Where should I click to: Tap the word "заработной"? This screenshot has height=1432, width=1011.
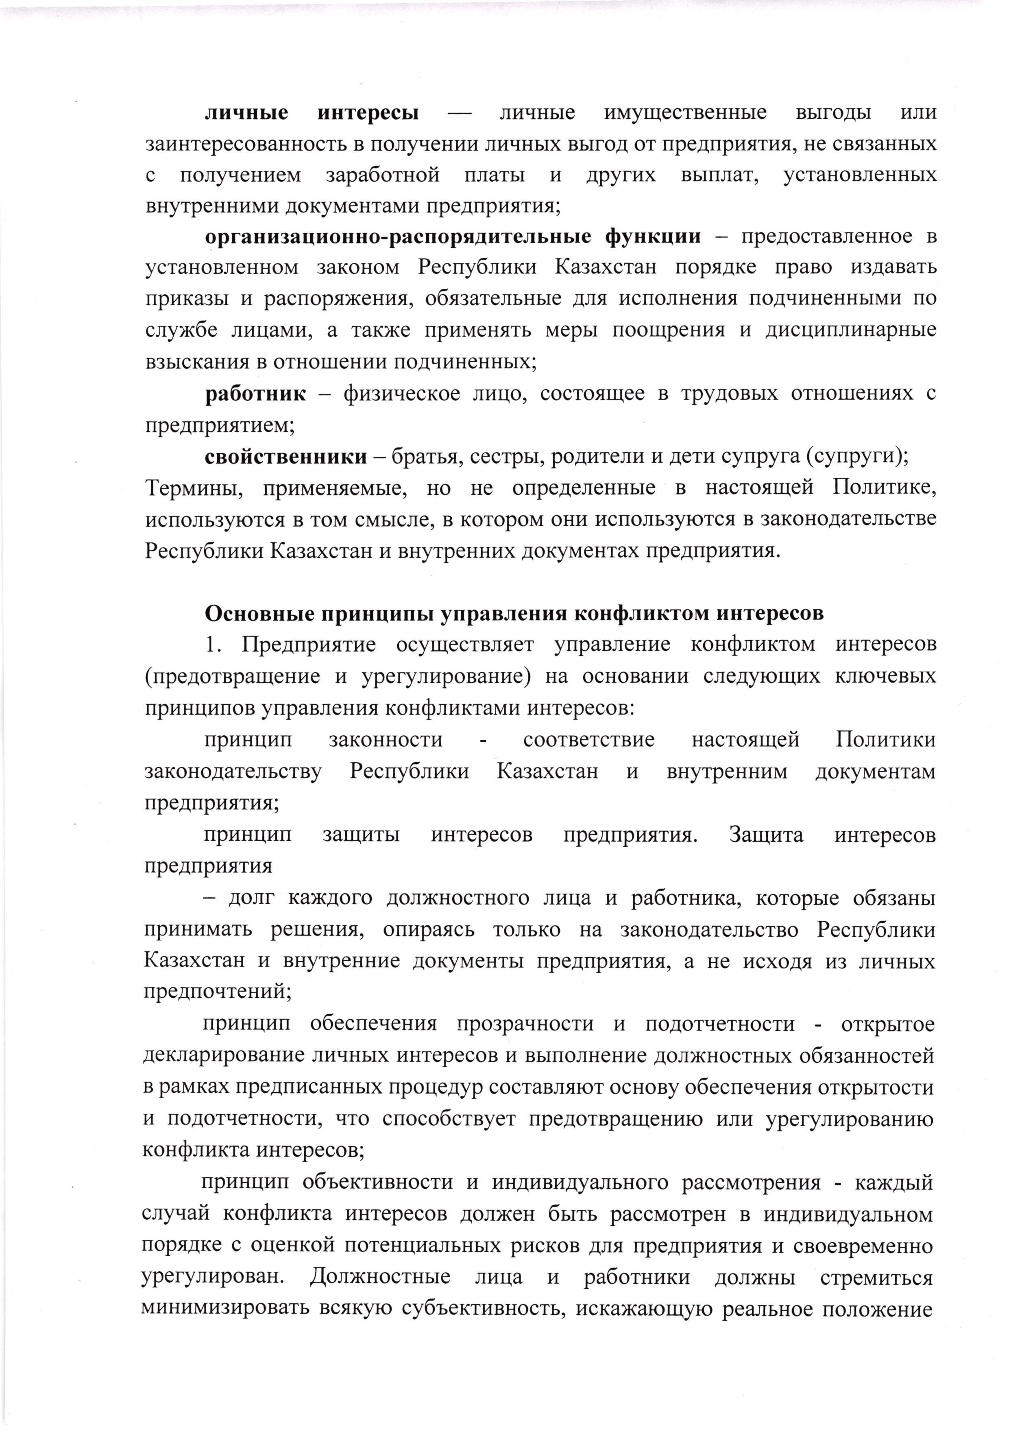(382, 175)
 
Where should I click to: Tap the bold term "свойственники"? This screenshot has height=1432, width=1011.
(286, 457)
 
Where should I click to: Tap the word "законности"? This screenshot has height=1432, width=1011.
(385, 740)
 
